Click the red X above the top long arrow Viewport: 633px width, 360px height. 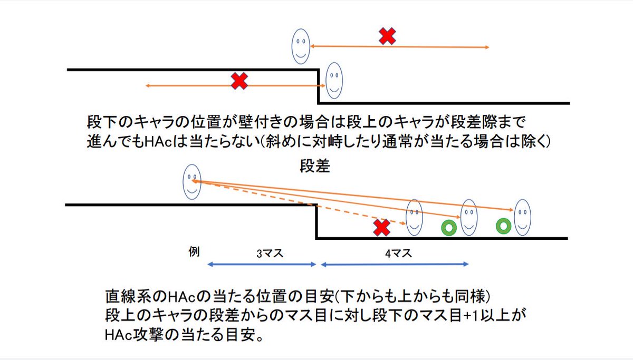click(388, 36)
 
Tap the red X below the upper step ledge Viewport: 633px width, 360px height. click(239, 81)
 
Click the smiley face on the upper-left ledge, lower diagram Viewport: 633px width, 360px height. click(191, 181)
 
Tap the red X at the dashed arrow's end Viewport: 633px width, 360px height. click(381, 228)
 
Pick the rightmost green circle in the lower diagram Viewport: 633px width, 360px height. click(504, 226)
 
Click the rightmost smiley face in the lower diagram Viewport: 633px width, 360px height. click(522, 217)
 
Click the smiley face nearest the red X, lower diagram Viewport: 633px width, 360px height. click(414, 217)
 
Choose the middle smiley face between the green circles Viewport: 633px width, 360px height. click(468, 217)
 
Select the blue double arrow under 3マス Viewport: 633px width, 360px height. click(262, 264)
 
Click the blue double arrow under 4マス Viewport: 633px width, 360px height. click(395, 264)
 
